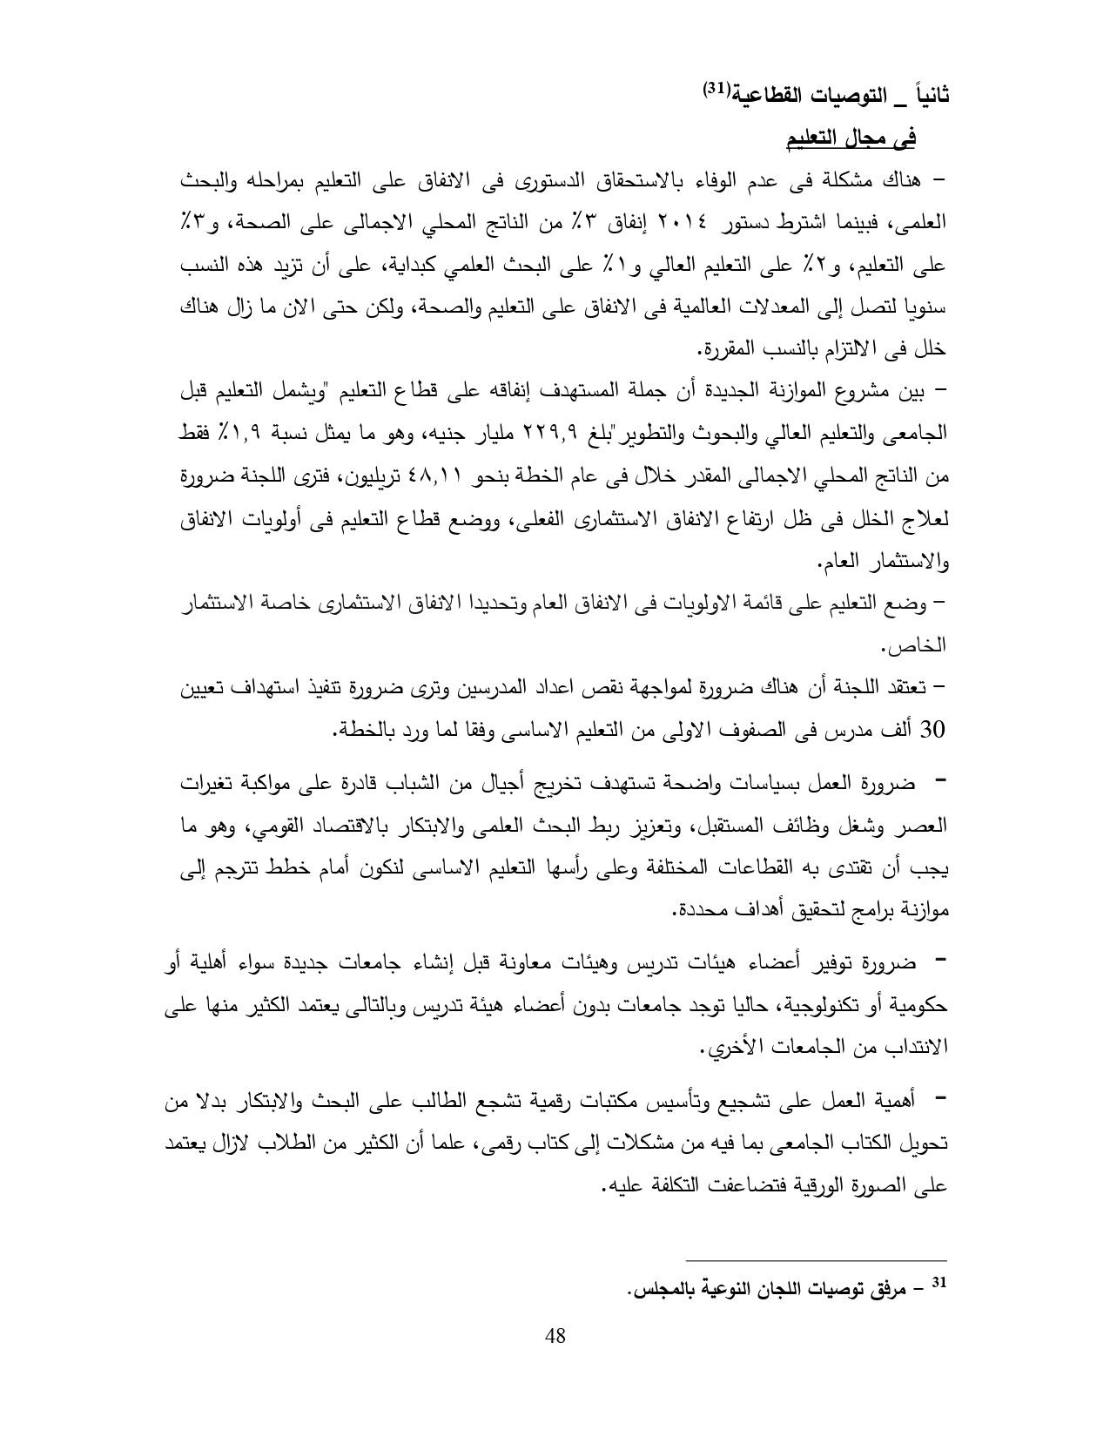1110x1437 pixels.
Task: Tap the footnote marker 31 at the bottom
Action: coord(938,1282)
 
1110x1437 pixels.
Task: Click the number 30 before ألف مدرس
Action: coord(932,729)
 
